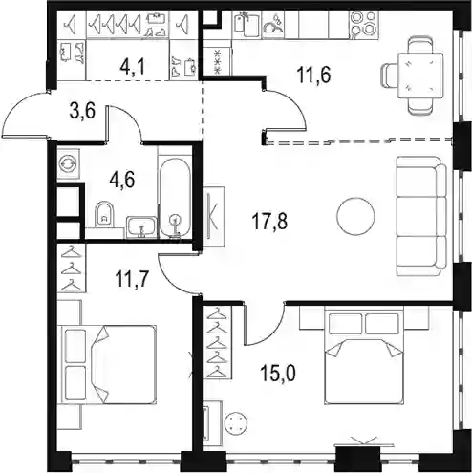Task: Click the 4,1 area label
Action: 133,67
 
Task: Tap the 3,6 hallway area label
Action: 82,111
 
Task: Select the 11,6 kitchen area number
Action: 313,75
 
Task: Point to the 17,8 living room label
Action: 269,222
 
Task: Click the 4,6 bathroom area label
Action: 122,180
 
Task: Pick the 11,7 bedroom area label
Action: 132,279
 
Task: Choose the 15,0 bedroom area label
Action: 278,373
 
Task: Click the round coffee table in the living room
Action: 355,217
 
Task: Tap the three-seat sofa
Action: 421,216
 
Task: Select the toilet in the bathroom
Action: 104,213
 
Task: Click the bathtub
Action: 175,198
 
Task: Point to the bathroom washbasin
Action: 141,227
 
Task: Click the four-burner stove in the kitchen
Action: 364,25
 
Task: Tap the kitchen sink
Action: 247,24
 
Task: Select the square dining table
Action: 420,75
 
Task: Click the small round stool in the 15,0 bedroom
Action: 236,423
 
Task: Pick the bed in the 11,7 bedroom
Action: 108,365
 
